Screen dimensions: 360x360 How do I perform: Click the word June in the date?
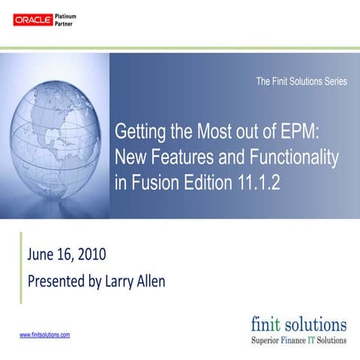[x=43, y=254]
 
